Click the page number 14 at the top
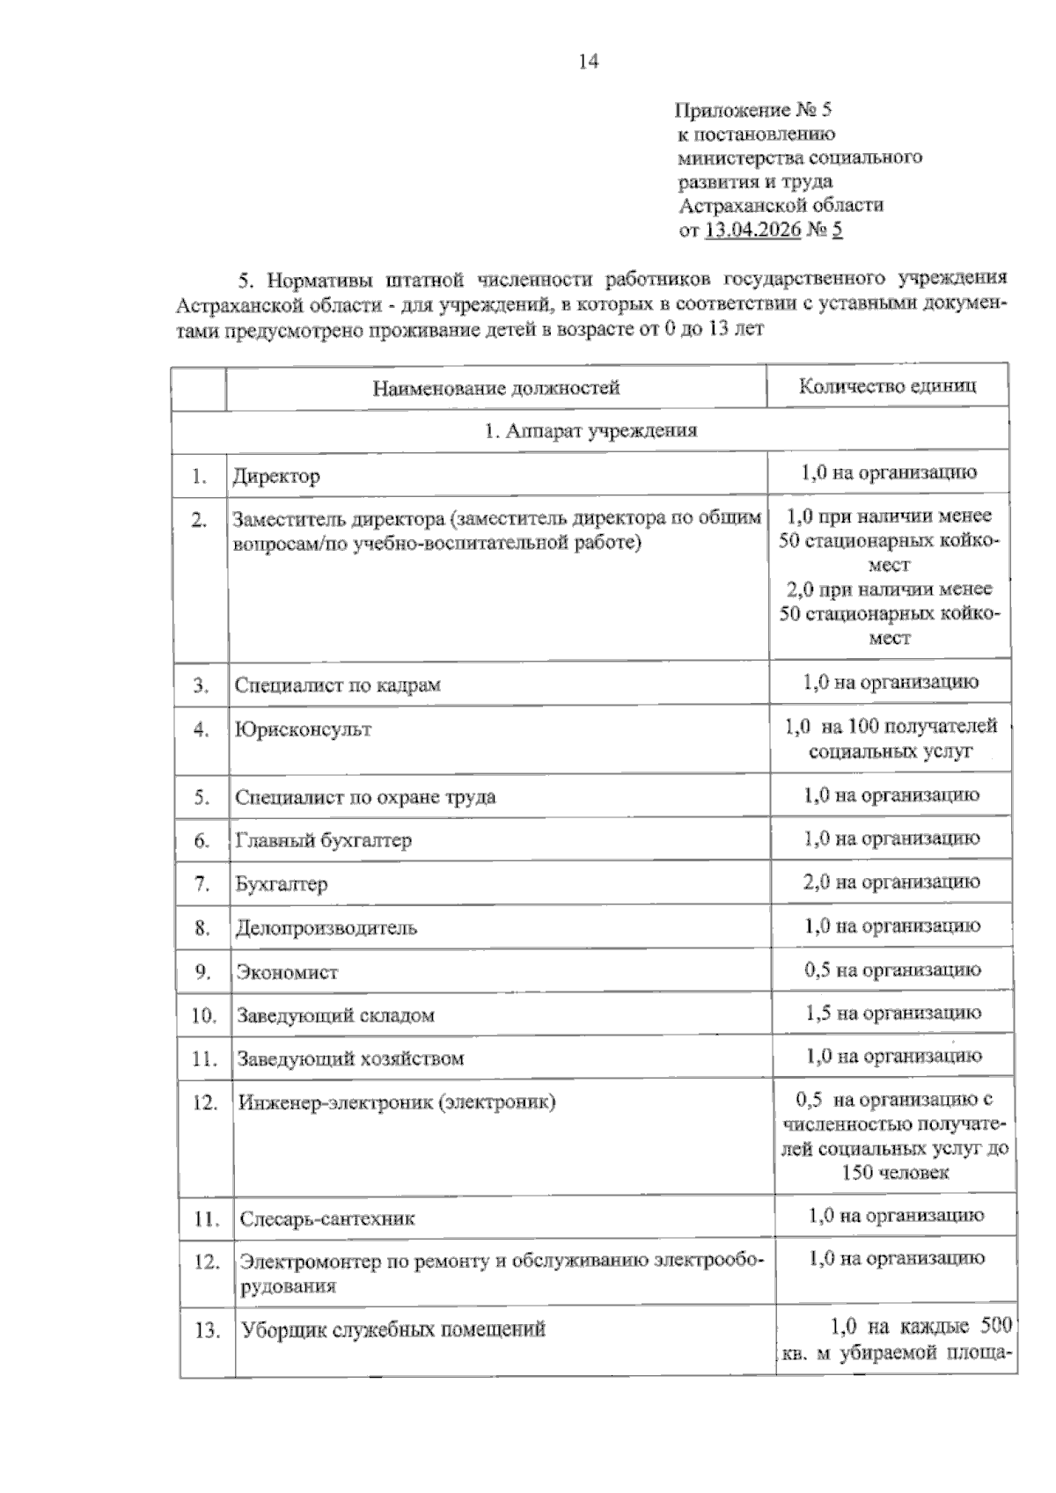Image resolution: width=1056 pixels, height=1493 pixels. pos(589,62)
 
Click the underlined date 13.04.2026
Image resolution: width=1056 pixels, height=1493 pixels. pos(752,231)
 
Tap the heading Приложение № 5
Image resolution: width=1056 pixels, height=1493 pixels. pos(752,111)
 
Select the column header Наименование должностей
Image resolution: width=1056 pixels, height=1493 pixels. pos(496,388)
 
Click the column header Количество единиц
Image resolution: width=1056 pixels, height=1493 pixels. pos(887,386)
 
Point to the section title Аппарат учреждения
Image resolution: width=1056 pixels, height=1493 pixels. pos(590,431)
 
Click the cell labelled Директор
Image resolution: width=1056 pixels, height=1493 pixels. pos(276,477)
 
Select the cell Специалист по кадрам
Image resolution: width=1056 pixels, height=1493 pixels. pos(337,685)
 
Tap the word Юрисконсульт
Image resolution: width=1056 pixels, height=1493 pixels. pos(303,729)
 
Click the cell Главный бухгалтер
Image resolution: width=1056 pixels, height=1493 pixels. pos(323,840)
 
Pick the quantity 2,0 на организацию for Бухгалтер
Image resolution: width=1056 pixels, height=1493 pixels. pos(891,882)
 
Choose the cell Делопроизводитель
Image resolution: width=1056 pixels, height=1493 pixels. pos(326,928)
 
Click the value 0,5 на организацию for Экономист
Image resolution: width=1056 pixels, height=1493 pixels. pos(891,970)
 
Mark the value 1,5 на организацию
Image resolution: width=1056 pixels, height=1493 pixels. pos(892,1014)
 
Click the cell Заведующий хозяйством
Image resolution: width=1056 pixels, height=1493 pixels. pos(349,1058)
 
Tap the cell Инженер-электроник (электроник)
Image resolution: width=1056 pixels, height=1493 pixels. pos(397,1102)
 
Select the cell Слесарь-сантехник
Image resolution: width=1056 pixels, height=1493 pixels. pos(326,1219)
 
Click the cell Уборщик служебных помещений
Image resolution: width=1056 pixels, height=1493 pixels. pos(393,1329)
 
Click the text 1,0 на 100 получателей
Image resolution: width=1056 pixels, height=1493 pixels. pos(891,727)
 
